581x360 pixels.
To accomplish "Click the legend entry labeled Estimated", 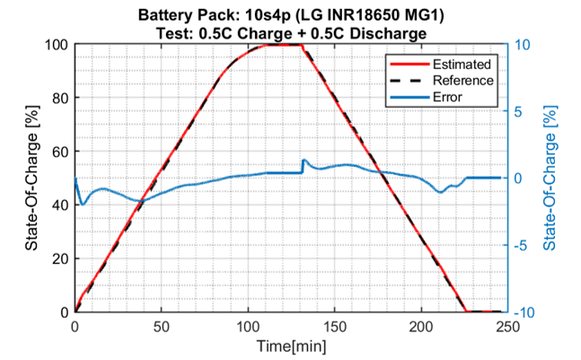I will click(462, 65).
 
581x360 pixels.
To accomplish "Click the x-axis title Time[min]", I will click(290, 344).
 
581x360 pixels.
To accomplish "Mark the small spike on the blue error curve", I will click(304, 161).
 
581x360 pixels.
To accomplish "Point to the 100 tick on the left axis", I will click(56, 45).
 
